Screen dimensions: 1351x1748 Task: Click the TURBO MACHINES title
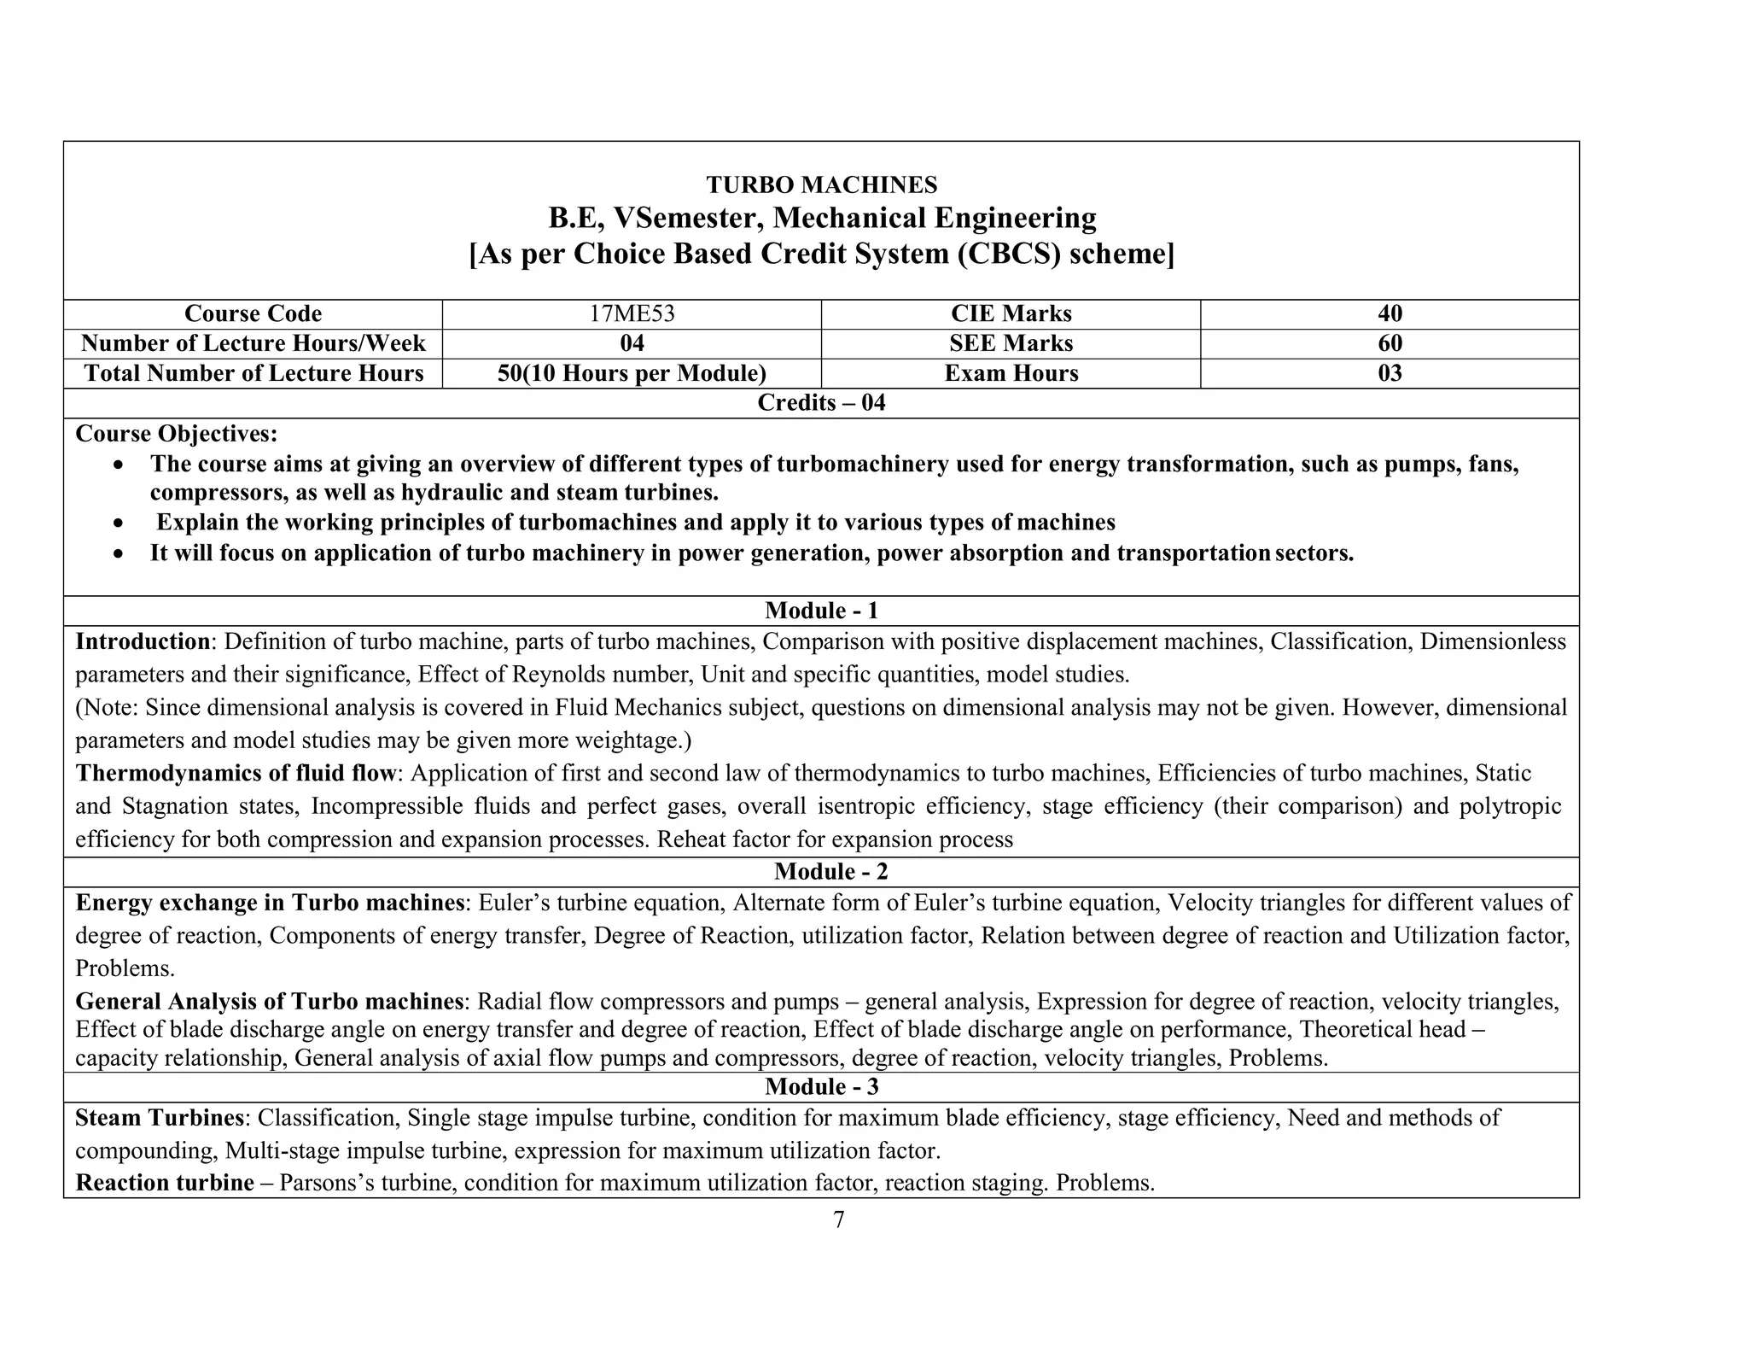(821, 184)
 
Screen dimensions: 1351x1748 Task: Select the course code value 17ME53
(632, 314)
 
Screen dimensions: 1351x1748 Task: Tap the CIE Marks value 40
(1390, 314)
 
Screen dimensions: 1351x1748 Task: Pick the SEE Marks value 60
(1390, 343)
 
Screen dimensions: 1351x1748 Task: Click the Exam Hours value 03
(1390, 373)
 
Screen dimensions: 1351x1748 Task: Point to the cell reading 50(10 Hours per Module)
(632, 373)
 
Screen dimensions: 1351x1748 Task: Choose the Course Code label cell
(253, 314)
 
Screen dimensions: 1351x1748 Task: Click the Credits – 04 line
(821, 403)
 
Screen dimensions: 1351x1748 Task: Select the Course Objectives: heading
(177, 434)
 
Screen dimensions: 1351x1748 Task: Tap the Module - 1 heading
(821, 611)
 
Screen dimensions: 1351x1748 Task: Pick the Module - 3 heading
(821, 1087)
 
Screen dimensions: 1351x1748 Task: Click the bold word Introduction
(143, 641)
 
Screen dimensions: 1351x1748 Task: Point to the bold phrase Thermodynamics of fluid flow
(236, 773)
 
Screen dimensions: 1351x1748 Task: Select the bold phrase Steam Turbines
(160, 1118)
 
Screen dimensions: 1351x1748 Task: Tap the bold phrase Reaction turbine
(165, 1183)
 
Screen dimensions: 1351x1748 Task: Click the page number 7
(838, 1220)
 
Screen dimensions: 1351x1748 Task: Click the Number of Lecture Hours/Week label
(253, 343)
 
